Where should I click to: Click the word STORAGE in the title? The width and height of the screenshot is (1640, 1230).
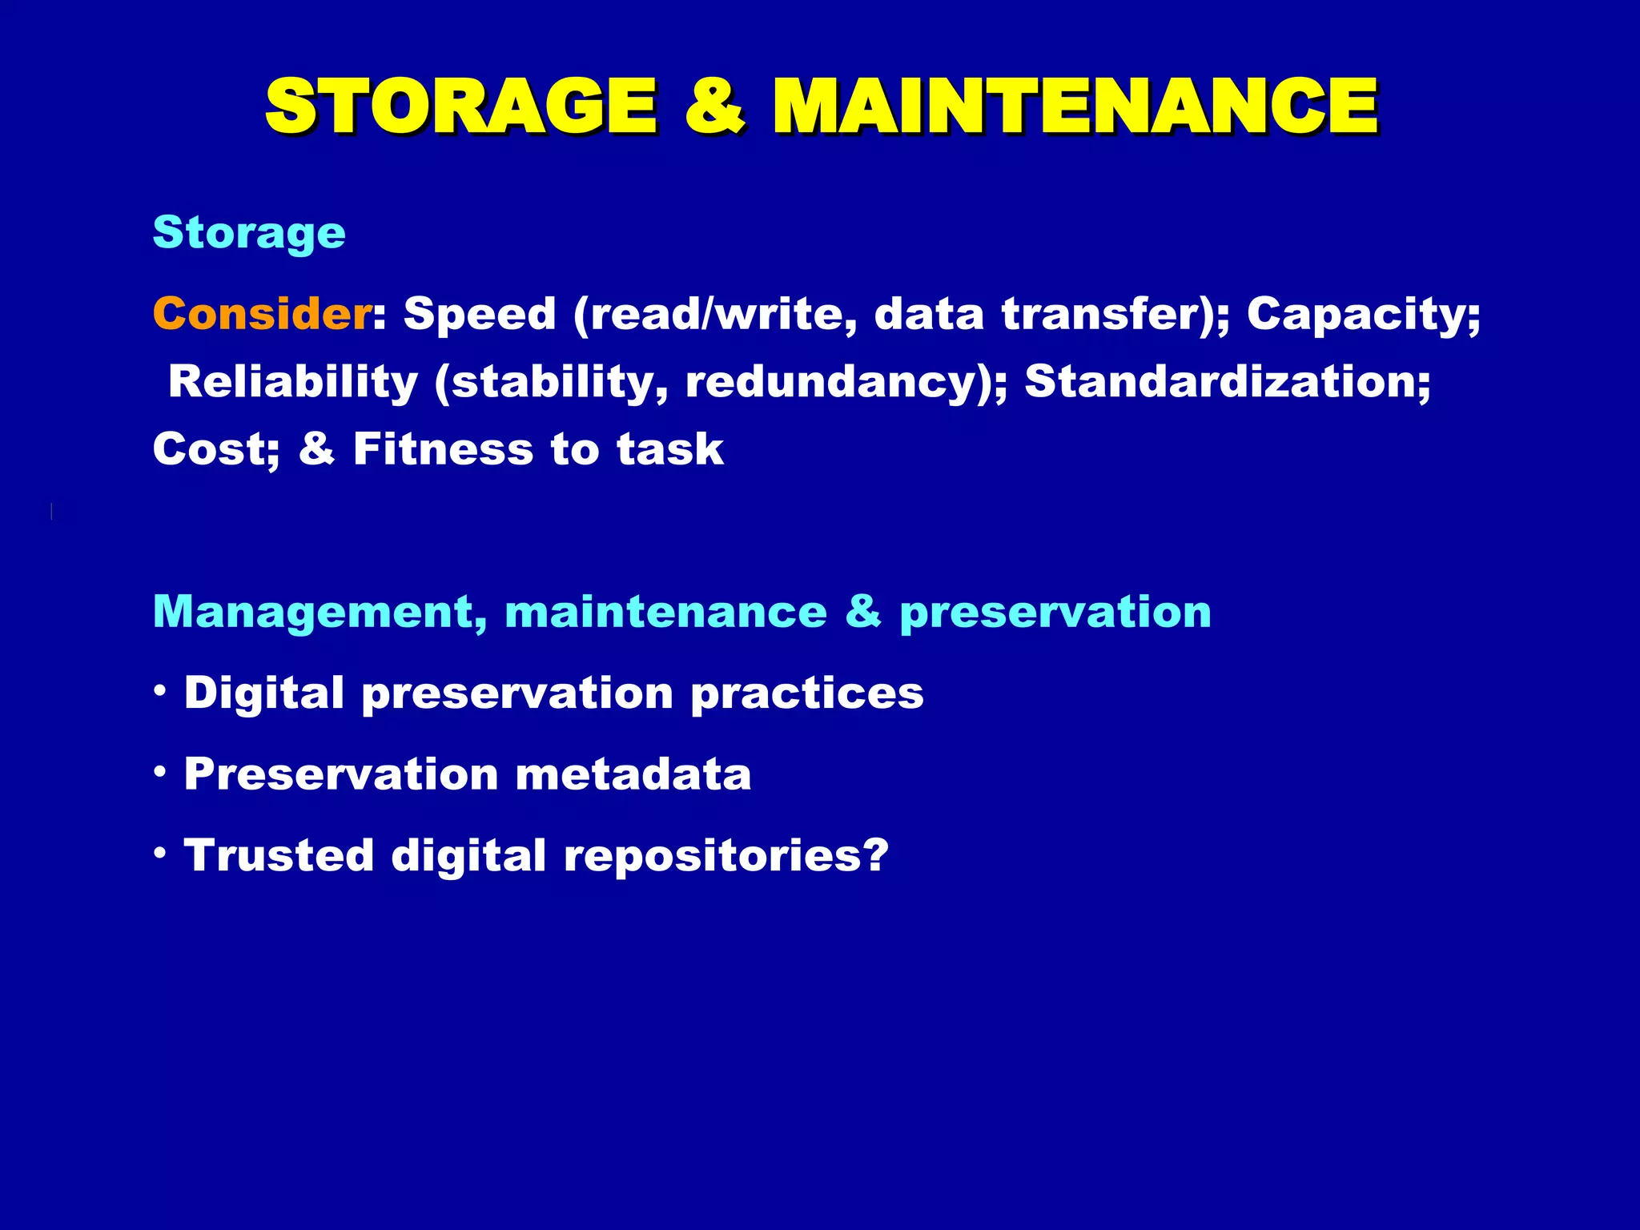(460, 106)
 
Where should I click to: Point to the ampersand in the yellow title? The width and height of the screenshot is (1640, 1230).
(715, 106)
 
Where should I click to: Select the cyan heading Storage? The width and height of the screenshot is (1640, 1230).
(249, 233)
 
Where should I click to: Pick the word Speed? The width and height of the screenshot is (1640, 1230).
(479, 313)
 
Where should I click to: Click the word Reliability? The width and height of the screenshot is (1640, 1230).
(293, 381)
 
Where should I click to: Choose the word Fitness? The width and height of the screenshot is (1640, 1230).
(443, 448)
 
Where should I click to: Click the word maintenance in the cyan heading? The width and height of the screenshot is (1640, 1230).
(665, 613)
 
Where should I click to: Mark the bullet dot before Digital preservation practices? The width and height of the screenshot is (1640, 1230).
(161, 689)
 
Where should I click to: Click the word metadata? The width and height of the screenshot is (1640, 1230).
(633, 774)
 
